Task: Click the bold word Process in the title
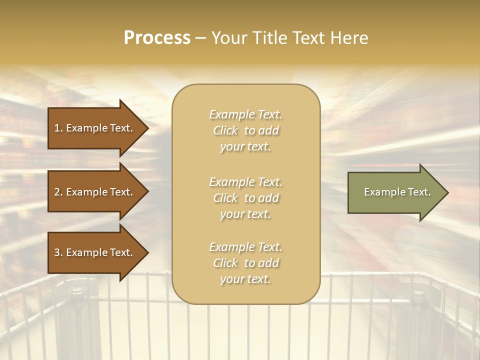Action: (x=157, y=38)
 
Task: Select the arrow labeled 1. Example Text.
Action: (x=95, y=128)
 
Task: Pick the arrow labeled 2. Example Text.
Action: (x=95, y=192)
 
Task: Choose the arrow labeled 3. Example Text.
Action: (x=95, y=252)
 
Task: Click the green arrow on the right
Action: (x=395, y=192)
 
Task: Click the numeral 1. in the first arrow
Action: (x=58, y=128)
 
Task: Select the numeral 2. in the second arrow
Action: (x=58, y=192)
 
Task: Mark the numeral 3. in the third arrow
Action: (x=58, y=252)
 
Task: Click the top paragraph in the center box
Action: (x=245, y=130)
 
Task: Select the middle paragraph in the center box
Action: (x=245, y=198)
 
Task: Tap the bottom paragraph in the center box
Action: (x=245, y=263)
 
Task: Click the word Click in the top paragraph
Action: (x=225, y=130)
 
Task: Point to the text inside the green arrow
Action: (x=397, y=192)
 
